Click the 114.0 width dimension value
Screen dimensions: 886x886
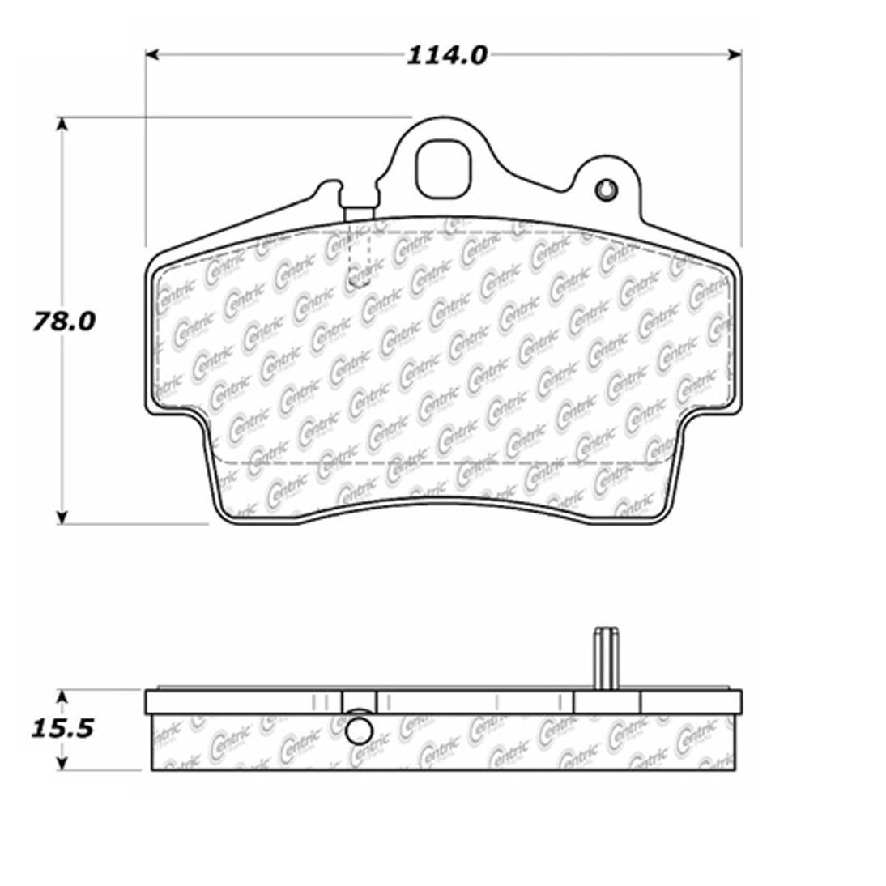point(446,55)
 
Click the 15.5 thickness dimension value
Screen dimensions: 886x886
point(62,728)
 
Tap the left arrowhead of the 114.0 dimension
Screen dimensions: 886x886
point(152,54)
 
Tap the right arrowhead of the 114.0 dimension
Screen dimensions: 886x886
point(735,54)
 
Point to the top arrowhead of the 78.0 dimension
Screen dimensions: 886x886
point(62,124)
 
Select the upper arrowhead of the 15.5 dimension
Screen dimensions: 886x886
point(62,696)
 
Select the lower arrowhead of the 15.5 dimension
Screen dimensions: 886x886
point(62,764)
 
